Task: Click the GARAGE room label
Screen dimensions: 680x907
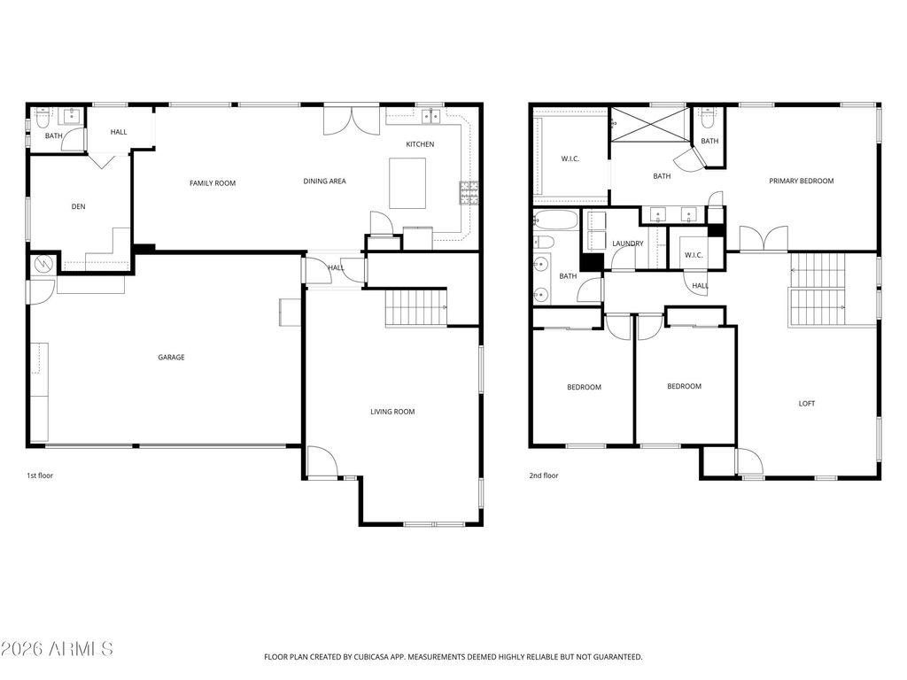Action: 171,358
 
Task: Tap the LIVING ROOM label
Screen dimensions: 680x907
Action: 392,412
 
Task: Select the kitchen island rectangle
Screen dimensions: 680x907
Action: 407,183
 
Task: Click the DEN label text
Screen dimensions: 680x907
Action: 78,207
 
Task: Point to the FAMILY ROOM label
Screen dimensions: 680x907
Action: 213,183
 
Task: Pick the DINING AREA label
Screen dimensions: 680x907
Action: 324,182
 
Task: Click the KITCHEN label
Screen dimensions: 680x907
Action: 420,144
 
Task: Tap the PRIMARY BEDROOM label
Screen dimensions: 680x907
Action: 801,182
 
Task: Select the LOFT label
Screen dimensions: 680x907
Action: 806,404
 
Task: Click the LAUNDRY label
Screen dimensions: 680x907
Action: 627,243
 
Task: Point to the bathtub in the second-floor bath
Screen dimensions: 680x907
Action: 555,220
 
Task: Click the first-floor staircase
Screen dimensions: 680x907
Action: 416,308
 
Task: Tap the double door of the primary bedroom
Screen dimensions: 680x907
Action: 764,239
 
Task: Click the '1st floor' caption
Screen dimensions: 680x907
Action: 40,475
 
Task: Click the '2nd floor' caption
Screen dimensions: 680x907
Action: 543,475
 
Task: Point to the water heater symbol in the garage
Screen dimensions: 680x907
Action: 43,264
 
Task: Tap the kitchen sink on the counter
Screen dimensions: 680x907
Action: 431,115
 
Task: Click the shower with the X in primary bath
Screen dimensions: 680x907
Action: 648,122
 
